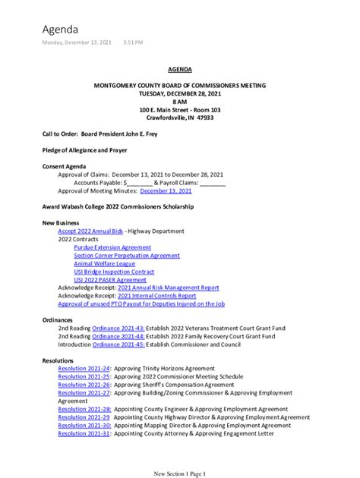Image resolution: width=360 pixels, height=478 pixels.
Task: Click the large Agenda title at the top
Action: [60, 29]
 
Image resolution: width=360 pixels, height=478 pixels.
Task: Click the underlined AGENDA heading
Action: [180, 68]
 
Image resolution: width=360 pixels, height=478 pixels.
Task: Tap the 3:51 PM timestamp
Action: [133, 42]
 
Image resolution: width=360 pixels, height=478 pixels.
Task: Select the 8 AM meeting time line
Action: [180, 101]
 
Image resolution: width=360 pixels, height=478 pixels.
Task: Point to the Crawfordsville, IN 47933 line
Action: [180, 118]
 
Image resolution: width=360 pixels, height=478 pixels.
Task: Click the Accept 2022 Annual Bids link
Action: [91, 230]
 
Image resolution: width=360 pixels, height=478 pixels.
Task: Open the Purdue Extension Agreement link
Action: [112, 247]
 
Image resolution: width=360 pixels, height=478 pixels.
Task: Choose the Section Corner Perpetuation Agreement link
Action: [127, 256]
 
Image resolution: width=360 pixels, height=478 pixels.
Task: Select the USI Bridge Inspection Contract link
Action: [114, 272]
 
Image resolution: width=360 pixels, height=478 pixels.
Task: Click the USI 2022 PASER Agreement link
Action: [110, 280]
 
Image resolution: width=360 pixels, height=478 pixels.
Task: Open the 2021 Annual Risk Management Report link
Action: [169, 288]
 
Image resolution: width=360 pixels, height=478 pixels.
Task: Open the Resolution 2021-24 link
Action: [84, 367]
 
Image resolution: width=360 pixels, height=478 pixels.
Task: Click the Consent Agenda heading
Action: [64, 166]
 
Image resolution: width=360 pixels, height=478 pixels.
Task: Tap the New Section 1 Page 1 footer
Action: [180, 473]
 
